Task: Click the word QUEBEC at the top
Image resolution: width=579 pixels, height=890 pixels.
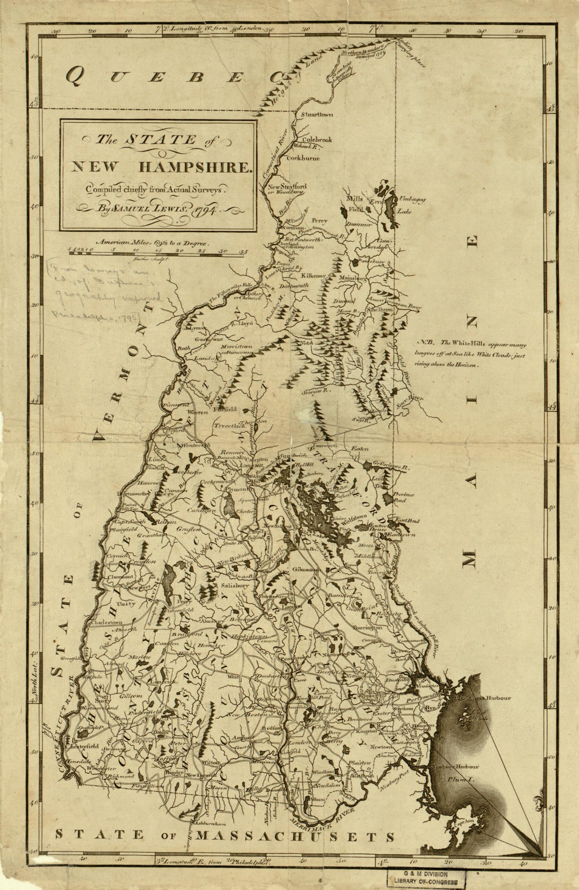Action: tap(174, 77)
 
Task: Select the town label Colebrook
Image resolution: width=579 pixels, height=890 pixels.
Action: tap(317, 140)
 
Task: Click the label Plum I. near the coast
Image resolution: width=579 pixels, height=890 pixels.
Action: tap(462, 778)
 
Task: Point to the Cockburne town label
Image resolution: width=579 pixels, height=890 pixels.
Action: tap(303, 158)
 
